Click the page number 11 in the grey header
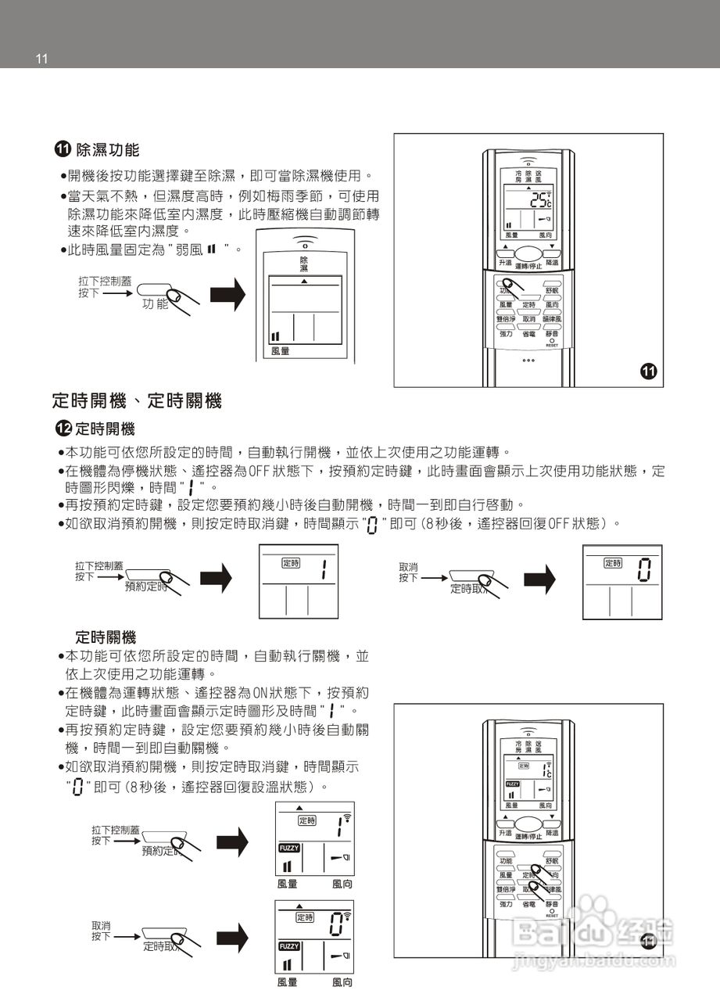42,59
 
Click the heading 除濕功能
107,149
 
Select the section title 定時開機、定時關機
137,401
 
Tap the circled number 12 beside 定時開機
63,429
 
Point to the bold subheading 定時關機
106,637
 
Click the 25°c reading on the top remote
540,199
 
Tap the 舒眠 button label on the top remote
552,290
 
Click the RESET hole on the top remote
552,341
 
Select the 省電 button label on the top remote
529,334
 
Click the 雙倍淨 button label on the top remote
506,319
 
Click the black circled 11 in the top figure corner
648,371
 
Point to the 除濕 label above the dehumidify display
304,264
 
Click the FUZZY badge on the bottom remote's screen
512,784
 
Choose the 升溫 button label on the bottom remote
505,834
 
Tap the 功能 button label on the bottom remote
506,860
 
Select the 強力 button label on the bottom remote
506,904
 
